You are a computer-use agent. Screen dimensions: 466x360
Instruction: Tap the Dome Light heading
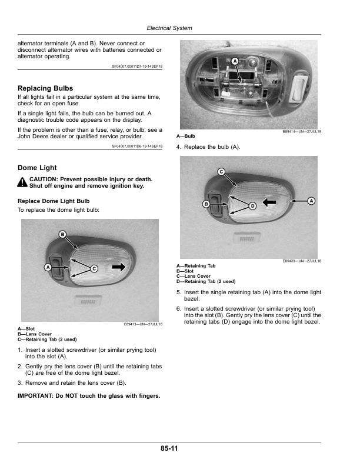37,168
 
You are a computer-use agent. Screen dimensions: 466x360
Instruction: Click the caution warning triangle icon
22,182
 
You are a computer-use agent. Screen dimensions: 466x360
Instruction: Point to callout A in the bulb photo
234,61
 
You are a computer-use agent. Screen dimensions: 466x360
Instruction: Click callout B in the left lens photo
62,235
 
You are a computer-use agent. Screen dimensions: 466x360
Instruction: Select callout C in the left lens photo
94,268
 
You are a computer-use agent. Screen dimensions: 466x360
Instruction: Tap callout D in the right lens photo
252,206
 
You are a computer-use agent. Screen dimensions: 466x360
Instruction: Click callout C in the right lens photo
221,171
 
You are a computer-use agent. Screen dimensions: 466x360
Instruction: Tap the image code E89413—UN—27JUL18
143,324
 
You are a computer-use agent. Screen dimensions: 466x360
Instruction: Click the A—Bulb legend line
186,136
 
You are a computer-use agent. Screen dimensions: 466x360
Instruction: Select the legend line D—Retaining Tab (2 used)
206,281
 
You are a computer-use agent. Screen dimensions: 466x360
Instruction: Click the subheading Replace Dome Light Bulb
54,201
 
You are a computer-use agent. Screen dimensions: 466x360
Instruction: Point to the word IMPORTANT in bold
36,395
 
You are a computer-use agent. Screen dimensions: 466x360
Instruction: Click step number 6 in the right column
179,308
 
